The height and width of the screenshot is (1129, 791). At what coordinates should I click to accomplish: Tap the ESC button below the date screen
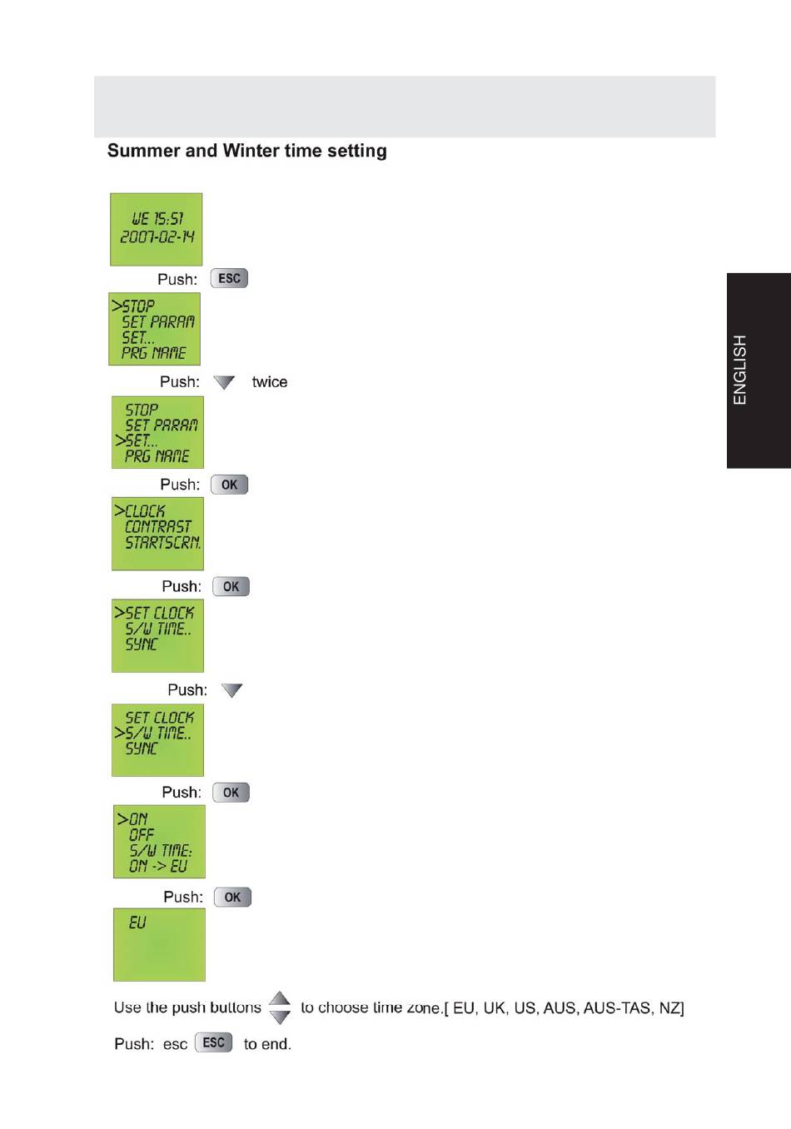tap(229, 278)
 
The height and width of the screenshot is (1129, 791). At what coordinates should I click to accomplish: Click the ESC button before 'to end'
tap(214, 1042)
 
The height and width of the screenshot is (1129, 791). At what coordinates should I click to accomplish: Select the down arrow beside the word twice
tap(224, 382)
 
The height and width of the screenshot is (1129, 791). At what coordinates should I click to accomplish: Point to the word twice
tap(269, 382)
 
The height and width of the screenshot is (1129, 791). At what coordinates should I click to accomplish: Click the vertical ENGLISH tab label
tap(740, 370)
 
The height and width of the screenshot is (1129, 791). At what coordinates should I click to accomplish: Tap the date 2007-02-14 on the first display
tap(157, 237)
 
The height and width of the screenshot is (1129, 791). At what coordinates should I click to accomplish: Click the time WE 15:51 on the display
tap(157, 219)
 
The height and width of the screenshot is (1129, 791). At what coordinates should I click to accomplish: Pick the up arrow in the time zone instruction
tap(280, 998)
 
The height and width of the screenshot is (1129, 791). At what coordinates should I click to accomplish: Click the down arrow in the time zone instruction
tap(280, 1017)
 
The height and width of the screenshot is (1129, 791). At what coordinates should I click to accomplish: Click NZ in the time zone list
tap(670, 1008)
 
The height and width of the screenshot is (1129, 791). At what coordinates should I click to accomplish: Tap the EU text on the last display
tap(137, 923)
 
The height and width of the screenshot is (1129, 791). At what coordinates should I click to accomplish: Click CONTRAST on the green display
tap(157, 527)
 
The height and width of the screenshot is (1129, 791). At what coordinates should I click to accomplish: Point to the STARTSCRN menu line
tap(162, 543)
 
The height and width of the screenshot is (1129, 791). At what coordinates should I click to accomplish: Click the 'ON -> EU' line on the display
tap(158, 867)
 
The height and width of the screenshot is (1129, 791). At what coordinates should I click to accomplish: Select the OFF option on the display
tap(142, 834)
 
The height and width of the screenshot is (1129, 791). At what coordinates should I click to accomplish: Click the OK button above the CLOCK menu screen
tap(229, 485)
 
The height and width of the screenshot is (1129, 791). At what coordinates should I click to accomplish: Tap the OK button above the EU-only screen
tap(232, 897)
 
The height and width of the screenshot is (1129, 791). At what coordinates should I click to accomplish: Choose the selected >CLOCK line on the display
tap(141, 511)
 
